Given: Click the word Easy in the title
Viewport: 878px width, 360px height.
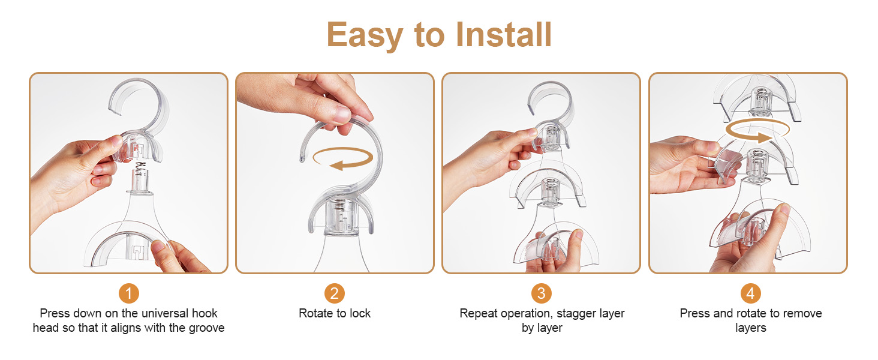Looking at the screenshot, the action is click(x=365, y=36).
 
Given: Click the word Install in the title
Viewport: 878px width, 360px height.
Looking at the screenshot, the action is click(x=504, y=35).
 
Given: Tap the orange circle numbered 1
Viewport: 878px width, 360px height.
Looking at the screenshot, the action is click(x=128, y=293).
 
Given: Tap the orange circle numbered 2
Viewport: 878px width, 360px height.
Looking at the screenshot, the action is click(x=334, y=293).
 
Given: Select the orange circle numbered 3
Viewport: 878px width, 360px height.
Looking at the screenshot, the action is click(x=542, y=293).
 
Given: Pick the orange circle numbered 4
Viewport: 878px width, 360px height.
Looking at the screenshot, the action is click(x=751, y=293).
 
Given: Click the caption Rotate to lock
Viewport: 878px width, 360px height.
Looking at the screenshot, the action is click(x=334, y=313).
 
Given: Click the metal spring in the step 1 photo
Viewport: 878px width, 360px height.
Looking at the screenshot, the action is click(x=139, y=167).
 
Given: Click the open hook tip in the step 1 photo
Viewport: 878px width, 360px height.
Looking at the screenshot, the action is click(x=115, y=110).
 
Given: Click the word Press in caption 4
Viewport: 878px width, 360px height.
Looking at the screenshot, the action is click(x=695, y=313).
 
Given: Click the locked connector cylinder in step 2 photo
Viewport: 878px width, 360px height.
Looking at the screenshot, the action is click(x=342, y=218).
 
